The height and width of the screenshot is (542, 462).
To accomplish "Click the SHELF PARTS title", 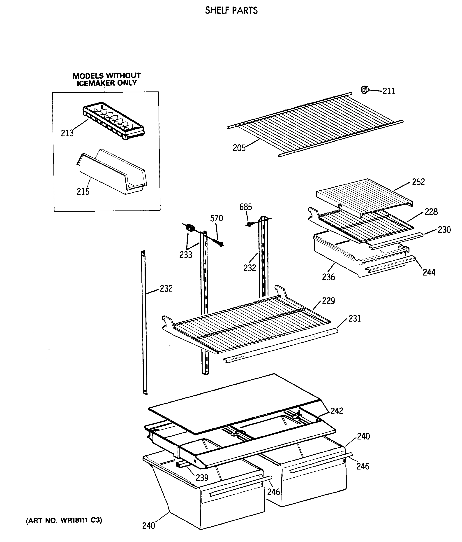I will pos(231,10).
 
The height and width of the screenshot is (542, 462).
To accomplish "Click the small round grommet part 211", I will pos(365,90).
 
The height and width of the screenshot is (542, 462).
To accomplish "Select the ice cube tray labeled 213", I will pos(114,120).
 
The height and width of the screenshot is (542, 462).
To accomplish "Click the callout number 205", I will pos(239,148).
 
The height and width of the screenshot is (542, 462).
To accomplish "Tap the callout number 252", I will pos(418,182).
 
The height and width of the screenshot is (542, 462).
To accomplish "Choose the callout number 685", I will pos(246,207).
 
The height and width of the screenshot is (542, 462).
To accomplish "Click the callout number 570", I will pos(217,218).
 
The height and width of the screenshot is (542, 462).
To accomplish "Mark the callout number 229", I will pos(328,301).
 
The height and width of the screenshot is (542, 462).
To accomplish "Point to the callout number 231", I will pos(355,318).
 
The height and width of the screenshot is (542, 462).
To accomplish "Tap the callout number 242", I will pos(337,411).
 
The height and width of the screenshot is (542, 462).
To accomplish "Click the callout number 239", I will pos(202,478).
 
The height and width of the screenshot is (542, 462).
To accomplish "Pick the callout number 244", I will pos(429,272).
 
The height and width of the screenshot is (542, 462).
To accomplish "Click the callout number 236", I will pos(328,277).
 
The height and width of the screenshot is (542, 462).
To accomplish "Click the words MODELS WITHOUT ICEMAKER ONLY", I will pos(107,79).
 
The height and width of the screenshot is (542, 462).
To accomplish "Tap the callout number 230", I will pos(444,230).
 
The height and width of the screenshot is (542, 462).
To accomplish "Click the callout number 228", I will pos(431,212).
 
